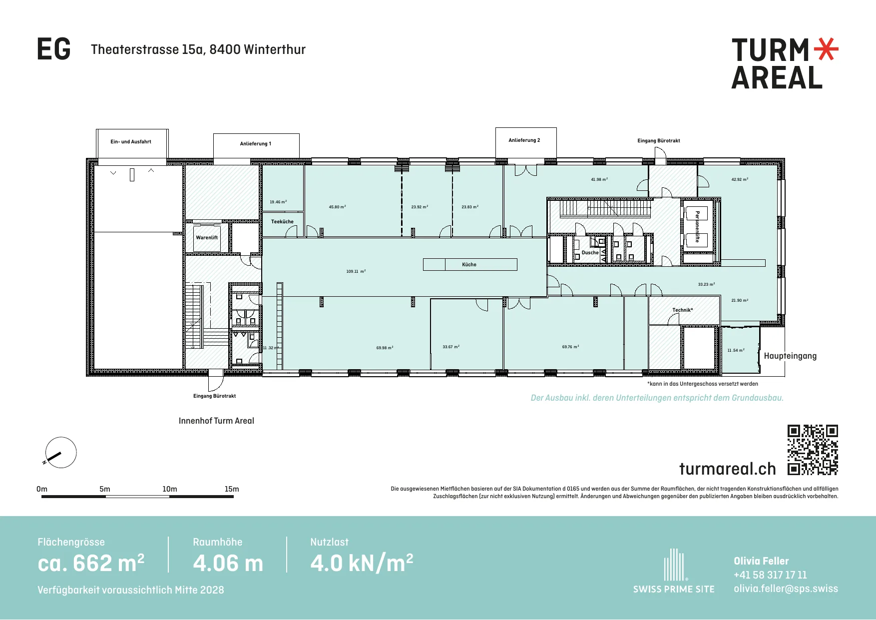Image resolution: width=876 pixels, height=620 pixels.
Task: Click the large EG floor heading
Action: tap(54, 49)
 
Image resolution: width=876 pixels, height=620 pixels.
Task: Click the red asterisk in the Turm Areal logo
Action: tap(826, 49)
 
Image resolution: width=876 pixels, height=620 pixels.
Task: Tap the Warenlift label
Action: tap(207, 238)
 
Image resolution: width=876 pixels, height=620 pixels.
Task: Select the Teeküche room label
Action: tap(282, 222)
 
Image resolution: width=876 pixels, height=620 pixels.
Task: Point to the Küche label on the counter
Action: tap(469, 265)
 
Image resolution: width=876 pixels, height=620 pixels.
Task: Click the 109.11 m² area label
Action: tap(356, 271)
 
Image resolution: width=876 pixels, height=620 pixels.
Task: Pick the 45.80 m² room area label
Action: tap(337, 207)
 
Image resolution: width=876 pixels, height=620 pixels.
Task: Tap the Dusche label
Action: tap(590, 253)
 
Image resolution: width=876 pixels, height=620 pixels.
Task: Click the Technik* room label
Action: tap(682, 310)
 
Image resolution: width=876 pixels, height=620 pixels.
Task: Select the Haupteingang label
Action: tap(790, 356)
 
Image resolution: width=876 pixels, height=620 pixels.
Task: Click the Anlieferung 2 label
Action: tap(524, 140)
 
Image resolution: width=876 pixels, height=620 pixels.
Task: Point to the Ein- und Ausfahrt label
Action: tap(131, 142)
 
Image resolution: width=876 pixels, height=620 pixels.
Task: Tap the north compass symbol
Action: tap(61, 453)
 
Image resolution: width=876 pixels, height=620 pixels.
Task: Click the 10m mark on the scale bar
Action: tap(170, 489)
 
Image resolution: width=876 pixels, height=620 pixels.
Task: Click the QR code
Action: tap(813, 450)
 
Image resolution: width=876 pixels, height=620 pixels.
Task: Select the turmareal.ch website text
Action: tap(728, 469)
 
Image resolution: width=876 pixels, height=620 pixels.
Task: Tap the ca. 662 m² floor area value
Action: tap(91, 563)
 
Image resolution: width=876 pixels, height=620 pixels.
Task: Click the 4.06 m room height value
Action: tap(228, 564)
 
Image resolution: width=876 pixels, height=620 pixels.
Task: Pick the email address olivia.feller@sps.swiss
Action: tap(786, 589)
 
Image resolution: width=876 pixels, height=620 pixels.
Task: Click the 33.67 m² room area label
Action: tap(451, 347)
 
